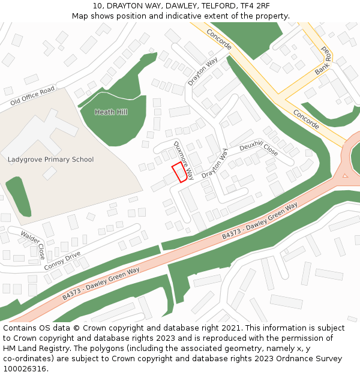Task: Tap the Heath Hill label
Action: (111, 112)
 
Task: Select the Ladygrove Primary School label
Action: (51, 160)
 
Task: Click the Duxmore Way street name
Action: (184, 160)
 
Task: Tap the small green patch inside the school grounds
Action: (19, 196)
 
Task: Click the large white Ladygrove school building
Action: (42, 133)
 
